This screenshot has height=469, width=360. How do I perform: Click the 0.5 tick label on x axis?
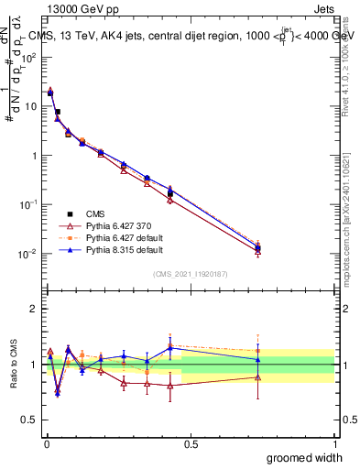pyautogui.click(x=191, y=443)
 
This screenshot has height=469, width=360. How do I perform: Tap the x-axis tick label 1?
pyautogui.click(x=334, y=443)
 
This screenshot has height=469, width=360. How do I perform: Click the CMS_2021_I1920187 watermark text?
pyautogui.click(x=189, y=273)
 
